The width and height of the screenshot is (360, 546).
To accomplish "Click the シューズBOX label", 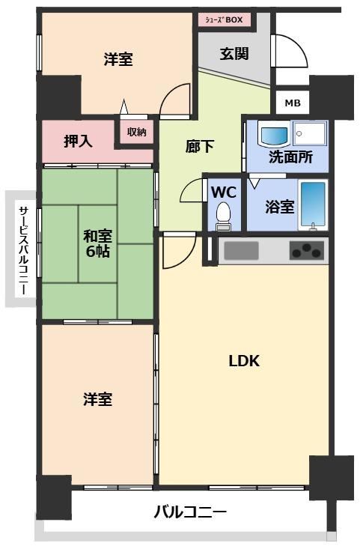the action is pos(224,20).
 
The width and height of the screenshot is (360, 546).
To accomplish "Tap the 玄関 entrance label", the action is pos(234,54).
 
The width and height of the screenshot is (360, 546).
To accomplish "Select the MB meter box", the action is pos(293,103).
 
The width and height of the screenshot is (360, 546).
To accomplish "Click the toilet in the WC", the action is pos(223,216).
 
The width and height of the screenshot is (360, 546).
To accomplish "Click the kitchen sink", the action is pos(241,251).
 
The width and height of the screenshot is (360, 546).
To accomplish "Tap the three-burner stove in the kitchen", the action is pos(307,251).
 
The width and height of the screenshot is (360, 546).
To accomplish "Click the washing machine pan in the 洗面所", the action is pos(309,133).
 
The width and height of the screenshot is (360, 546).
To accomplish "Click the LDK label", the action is pos(244,361).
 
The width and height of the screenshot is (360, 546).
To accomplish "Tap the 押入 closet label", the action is pos(78,141).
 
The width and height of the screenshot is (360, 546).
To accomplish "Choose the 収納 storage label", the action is pos(136,132).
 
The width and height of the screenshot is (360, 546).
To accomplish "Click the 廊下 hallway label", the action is pos(199,146).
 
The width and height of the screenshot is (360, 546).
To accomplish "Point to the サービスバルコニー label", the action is pos(23,250).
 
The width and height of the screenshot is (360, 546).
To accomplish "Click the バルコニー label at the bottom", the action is pos(190,512).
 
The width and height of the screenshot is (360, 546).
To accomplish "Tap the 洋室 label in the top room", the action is pos(118,59).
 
